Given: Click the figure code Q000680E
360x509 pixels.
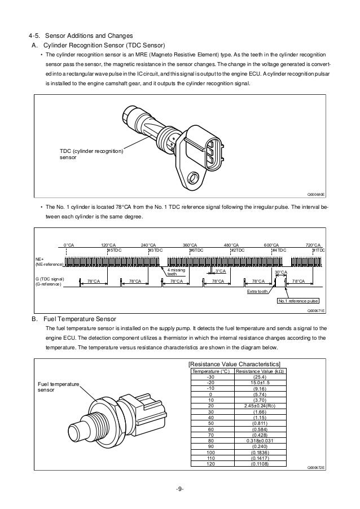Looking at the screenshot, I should click(316, 194).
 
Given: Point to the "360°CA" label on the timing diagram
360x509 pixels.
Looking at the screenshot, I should click(190, 244).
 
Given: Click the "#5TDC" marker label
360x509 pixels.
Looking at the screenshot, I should click(114, 249).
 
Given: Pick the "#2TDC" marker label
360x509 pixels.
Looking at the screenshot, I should click(238, 249).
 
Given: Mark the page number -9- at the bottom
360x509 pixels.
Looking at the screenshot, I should click(179, 489).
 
